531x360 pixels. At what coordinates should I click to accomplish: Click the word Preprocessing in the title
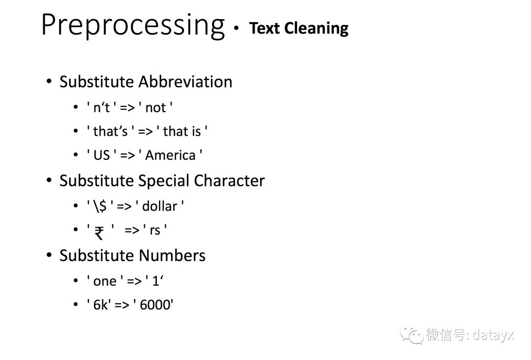133,26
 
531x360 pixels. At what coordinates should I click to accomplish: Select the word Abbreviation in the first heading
185,82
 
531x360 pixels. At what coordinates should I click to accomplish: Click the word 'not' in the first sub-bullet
156,108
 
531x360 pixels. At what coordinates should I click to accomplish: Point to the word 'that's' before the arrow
111,131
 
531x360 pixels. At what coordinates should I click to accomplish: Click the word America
170,155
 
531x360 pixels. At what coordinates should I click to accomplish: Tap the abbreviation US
102,155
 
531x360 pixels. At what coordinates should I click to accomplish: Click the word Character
229,180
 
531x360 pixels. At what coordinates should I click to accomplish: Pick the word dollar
159,206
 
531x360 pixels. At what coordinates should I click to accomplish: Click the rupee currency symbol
99,233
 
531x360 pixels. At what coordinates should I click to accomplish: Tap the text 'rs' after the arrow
155,230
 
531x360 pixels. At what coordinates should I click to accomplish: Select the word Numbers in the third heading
172,255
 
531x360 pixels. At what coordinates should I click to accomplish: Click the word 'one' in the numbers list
105,281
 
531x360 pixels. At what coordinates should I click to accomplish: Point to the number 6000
155,305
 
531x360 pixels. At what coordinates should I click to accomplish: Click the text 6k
100,305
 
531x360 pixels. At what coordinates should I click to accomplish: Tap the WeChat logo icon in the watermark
411,335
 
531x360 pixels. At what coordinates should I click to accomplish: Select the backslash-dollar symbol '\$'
100,206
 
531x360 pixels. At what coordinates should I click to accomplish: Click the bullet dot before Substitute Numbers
50,255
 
